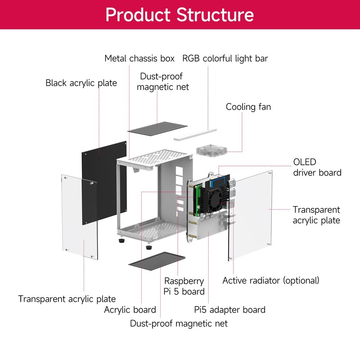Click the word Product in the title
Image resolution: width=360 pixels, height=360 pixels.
pyautogui.click(x=138, y=14)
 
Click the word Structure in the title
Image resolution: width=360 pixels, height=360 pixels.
pyautogui.click(x=215, y=14)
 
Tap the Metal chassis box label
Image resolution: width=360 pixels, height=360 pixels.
pyautogui.click(x=139, y=58)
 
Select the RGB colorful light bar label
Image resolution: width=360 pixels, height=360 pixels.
pyautogui.click(x=225, y=58)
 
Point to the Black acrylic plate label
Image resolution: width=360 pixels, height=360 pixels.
pyautogui.click(x=81, y=83)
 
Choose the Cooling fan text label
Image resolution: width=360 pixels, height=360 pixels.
pyautogui.click(x=248, y=107)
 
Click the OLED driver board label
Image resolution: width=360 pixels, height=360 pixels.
pyautogui.click(x=317, y=167)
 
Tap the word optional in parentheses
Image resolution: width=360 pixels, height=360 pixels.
pyautogui.click(x=301, y=280)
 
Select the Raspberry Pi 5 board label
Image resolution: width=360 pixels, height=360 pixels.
pyautogui.click(x=184, y=286)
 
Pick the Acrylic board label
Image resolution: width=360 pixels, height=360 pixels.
pyautogui.click(x=130, y=310)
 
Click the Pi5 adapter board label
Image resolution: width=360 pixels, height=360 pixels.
pyautogui.click(x=229, y=310)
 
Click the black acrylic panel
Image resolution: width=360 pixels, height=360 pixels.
pyautogui.click(x=104, y=180)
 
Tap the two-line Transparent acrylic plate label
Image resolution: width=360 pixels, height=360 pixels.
pyautogui.click(x=316, y=215)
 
